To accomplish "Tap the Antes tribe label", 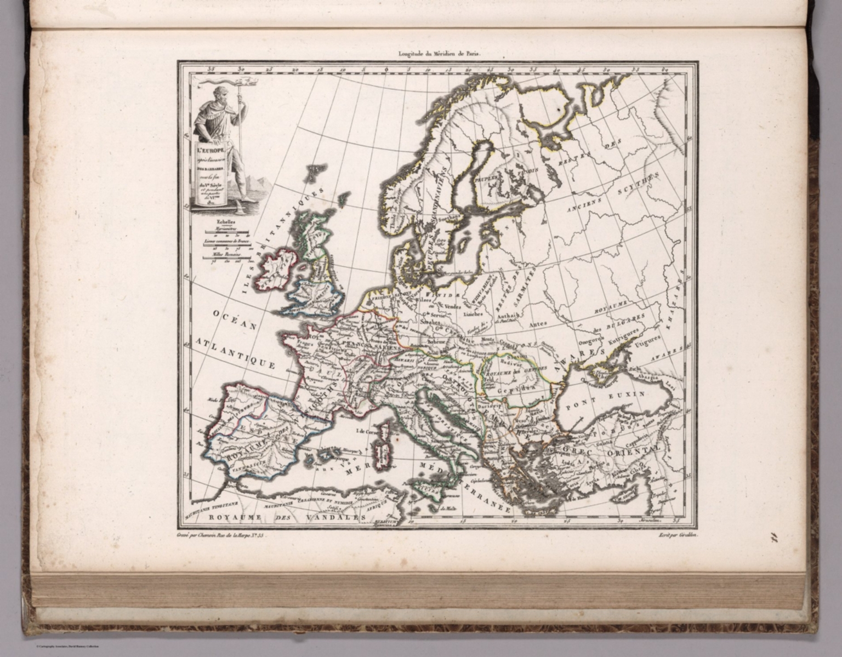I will [x=538, y=324].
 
